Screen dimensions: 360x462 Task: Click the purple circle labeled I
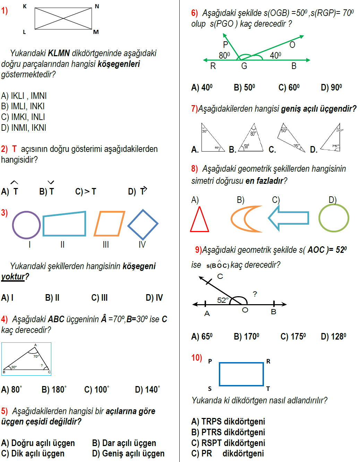[x=26, y=225]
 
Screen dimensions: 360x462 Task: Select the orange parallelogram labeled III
[x=109, y=224]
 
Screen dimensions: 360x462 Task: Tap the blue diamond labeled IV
[x=143, y=224]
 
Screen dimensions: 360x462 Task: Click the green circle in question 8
[x=334, y=218]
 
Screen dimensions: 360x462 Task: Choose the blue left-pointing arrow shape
[x=289, y=218]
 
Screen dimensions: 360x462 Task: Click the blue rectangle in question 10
[x=241, y=374]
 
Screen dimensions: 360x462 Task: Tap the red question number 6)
[x=194, y=13]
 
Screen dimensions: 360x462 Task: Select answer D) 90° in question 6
[x=331, y=87]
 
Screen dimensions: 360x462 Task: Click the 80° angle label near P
[x=224, y=55]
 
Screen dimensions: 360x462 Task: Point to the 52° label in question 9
[x=223, y=300]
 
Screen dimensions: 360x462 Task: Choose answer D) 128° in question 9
[x=333, y=336]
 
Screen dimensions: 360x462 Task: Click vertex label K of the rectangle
[x=25, y=6]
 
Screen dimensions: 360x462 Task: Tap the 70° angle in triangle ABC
[x=36, y=356]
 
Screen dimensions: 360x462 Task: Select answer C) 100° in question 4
[x=96, y=390]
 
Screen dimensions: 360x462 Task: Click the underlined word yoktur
[x=13, y=277]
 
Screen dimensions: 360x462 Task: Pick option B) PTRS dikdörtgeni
[x=228, y=432]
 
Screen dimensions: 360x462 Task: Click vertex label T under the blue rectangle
[x=268, y=389]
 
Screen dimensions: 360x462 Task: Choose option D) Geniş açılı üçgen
[x=128, y=454]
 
